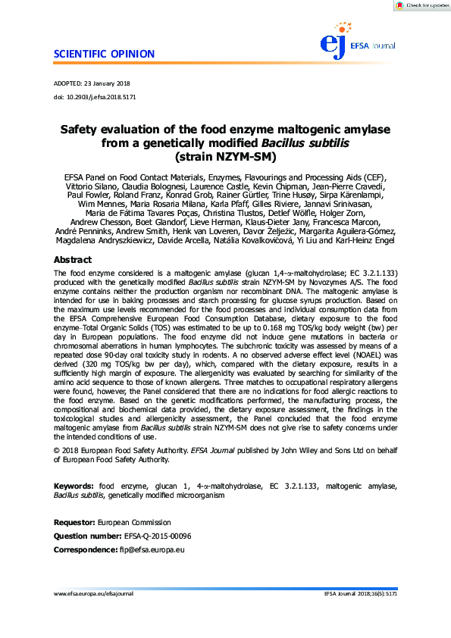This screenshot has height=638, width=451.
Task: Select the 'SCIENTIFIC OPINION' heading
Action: [104, 54]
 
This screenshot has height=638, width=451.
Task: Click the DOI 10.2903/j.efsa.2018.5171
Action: [102, 97]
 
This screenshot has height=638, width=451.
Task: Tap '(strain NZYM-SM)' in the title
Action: [225, 158]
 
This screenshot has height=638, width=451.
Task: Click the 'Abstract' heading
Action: [73, 259]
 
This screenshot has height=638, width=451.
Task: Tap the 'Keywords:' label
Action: [74, 485]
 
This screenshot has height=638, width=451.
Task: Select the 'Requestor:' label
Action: [74, 523]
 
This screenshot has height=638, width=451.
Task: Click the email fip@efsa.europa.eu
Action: [151, 549]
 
